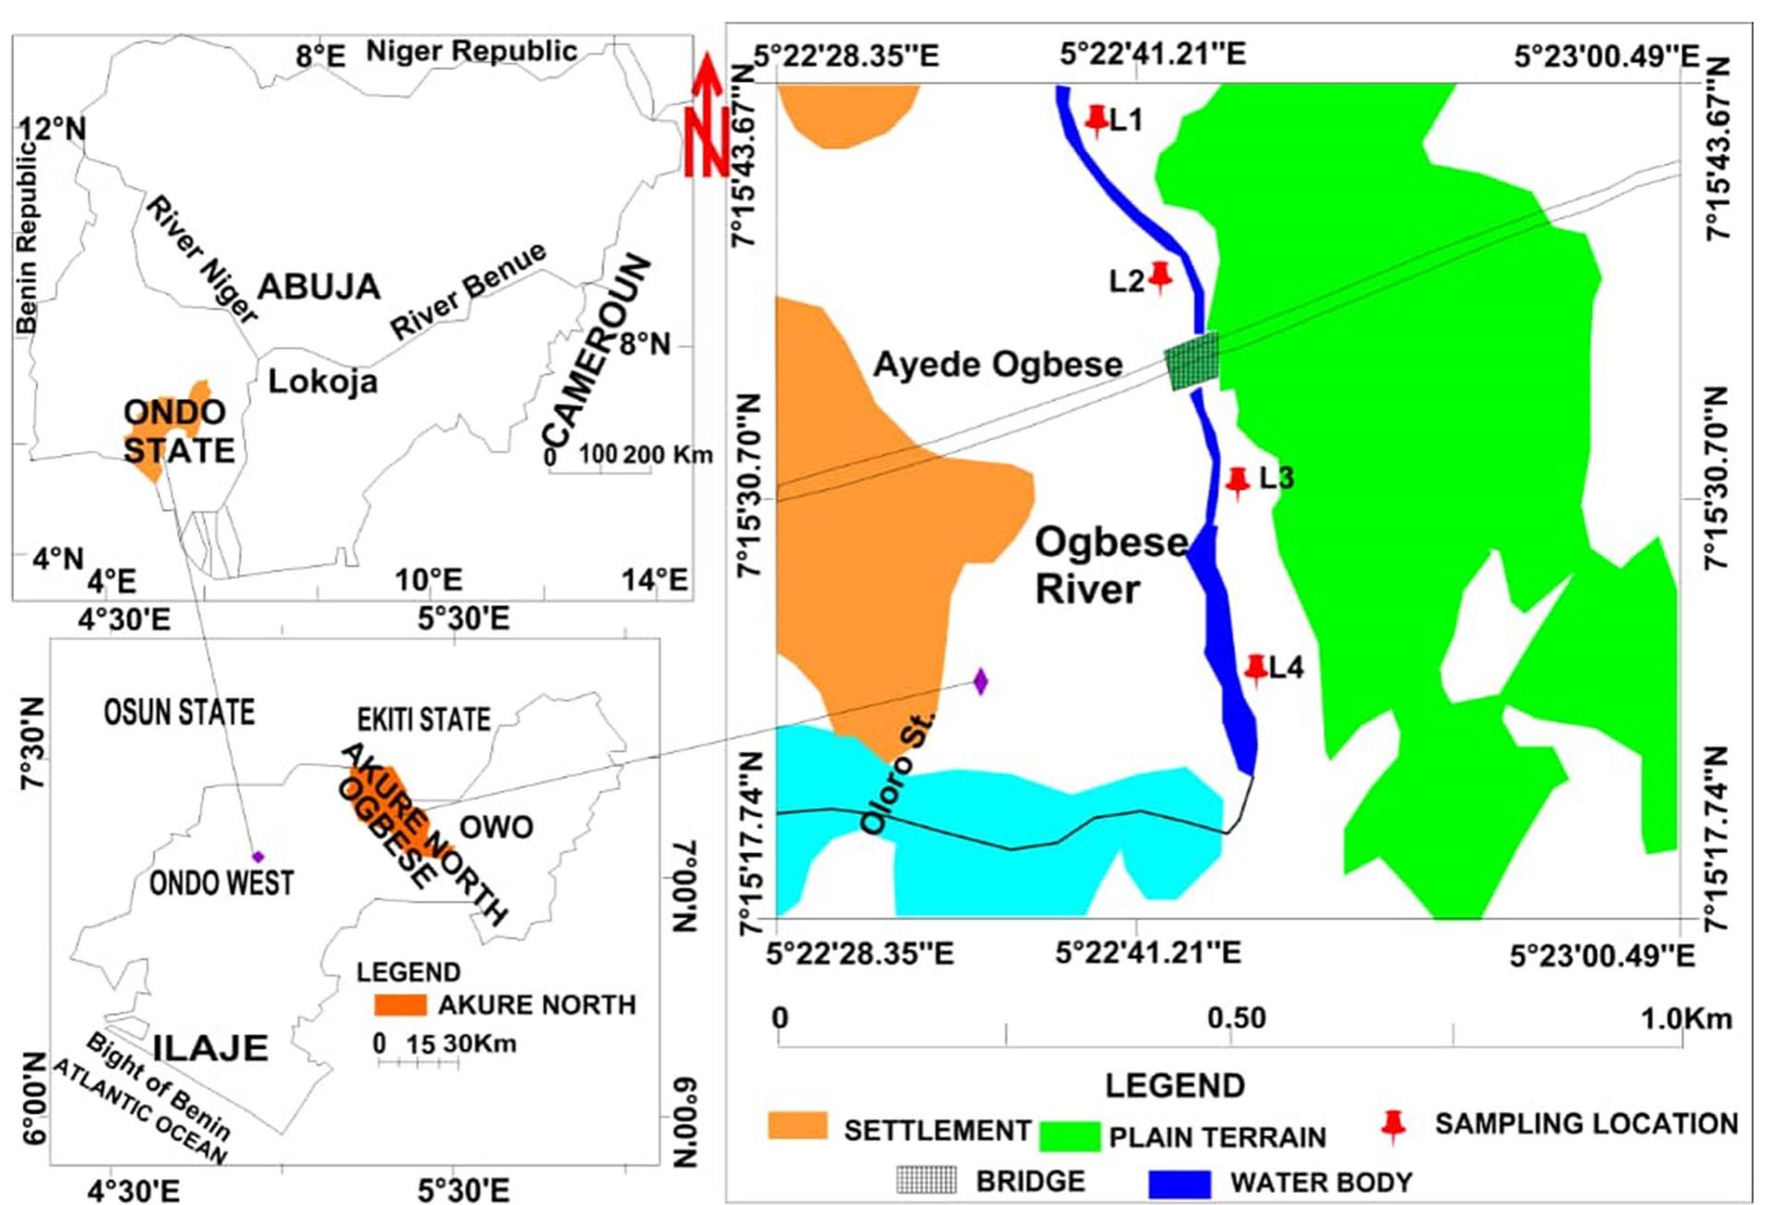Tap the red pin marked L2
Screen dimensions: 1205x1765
pos(1160,275)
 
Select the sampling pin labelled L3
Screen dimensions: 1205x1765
pos(1237,481)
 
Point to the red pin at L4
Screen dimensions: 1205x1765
pos(1256,669)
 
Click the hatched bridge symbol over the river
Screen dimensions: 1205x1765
pos(1192,360)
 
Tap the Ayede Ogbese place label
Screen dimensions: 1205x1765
pos(998,365)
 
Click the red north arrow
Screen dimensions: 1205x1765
pos(707,116)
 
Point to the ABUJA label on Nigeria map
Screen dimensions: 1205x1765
pos(319,287)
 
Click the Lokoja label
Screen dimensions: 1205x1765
pos(322,381)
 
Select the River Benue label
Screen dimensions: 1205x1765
pos(468,291)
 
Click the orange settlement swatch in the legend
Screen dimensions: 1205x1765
pos(797,1127)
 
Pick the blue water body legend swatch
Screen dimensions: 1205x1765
pos(1179,1183)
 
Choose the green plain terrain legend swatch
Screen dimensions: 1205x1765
pos(1069,1136)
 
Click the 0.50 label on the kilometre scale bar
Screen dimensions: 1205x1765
pos(1236,1018)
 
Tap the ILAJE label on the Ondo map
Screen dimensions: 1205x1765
pos(210,1048)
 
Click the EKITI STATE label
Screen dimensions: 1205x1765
pos(424,719)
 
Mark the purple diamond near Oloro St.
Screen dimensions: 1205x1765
pos(980,682)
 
